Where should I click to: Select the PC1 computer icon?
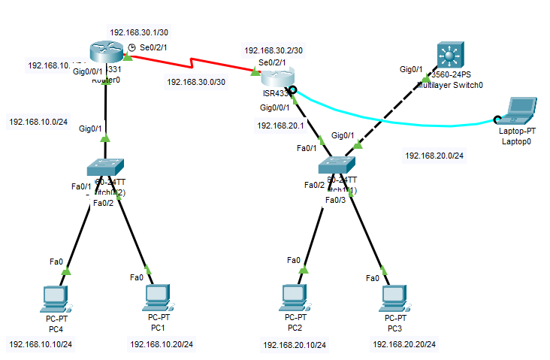(156, 297)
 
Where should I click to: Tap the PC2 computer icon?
(294, 297)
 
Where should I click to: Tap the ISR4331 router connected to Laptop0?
(275, 77)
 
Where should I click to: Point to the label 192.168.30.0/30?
(196, 82)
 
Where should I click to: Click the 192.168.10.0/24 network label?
(38, 121)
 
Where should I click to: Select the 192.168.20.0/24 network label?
(434, 156)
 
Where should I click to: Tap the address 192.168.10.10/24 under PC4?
(41, 344)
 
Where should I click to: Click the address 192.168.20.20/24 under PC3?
(403, 344)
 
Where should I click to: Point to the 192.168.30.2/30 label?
(273, 50)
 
